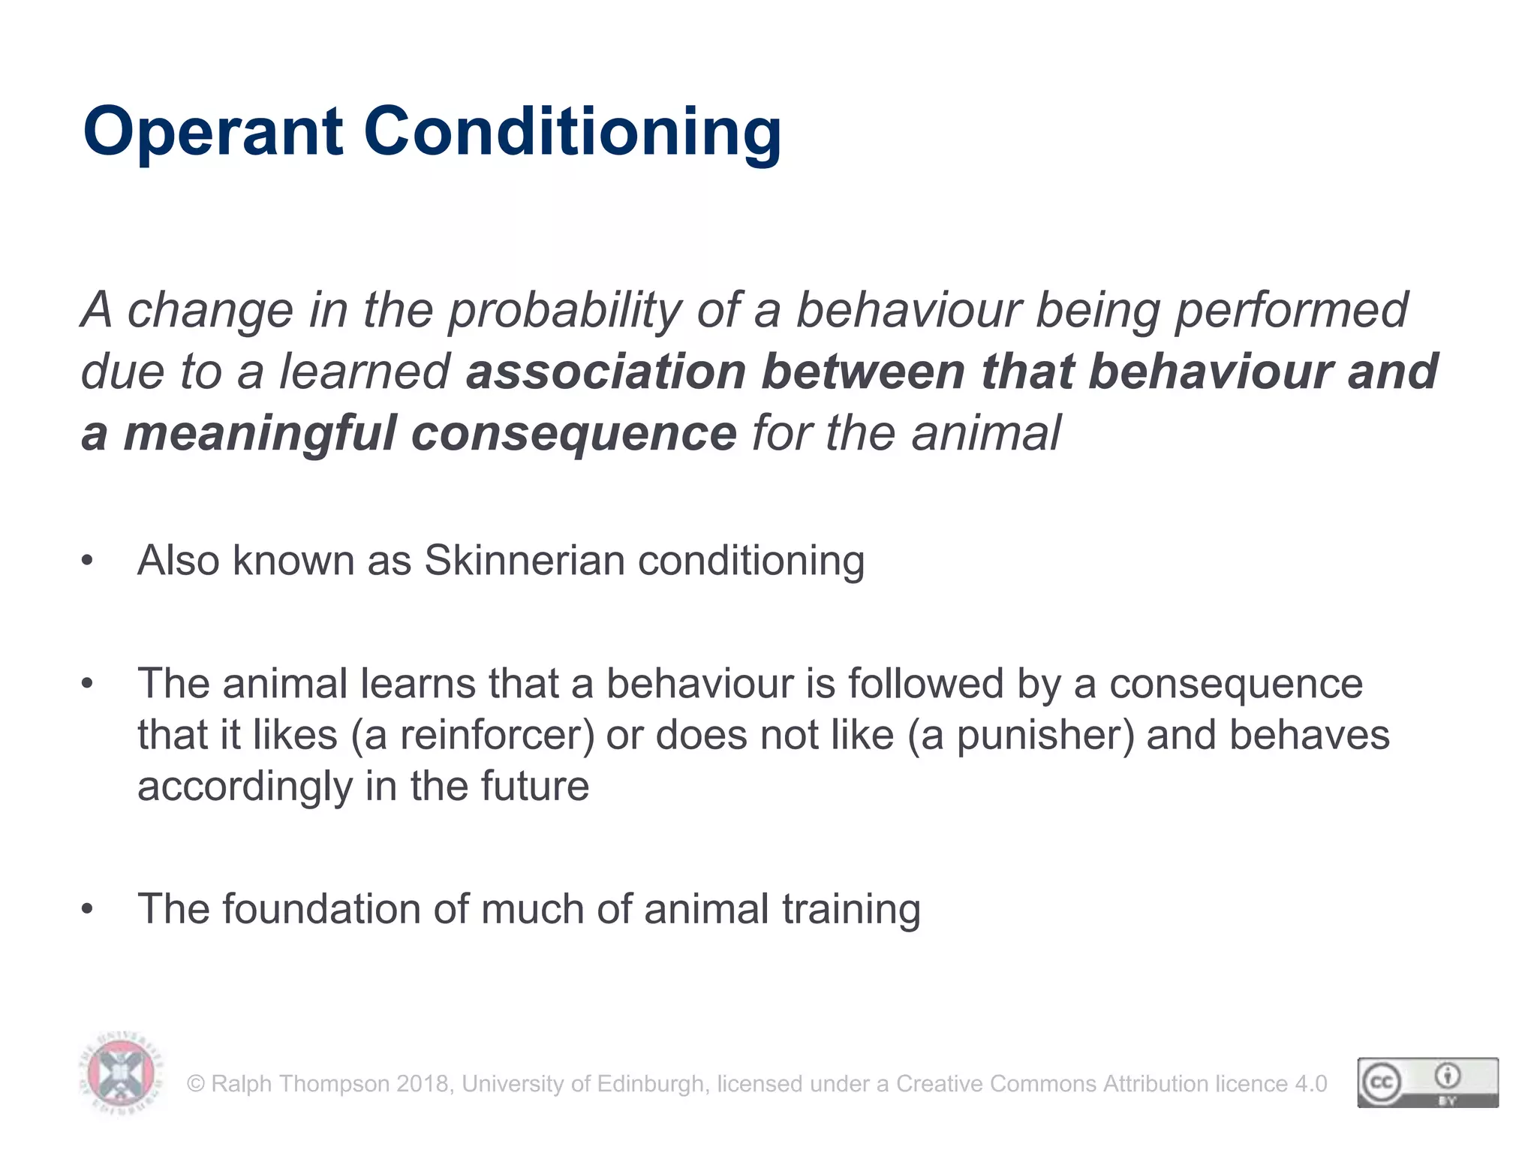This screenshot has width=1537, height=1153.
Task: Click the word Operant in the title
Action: coord(213,132)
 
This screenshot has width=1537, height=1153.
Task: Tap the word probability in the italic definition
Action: coord(564,311)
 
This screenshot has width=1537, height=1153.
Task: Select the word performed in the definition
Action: coord(1291,311)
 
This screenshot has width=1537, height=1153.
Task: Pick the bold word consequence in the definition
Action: coord(573,435)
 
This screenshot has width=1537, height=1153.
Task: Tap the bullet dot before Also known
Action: coord(88,561)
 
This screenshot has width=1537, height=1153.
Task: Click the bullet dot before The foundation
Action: coord(88,909)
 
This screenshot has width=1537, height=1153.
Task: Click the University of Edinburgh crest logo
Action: coord(120,1073)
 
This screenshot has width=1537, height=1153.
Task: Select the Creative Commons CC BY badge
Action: coord(1427,1082)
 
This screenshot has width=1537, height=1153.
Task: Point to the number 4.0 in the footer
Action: coord(1310,1084)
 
